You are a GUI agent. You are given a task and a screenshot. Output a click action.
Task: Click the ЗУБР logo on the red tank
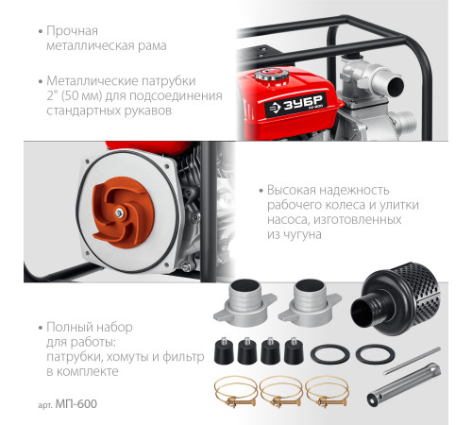(x=295, y=105)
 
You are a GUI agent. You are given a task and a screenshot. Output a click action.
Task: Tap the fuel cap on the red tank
(x=272, y=76)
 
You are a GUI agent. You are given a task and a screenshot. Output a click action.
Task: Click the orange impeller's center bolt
(x=119, y=212)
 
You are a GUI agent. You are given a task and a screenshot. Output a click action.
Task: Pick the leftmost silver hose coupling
(x=244, y=303)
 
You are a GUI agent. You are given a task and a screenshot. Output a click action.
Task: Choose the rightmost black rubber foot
(x=294, y=350)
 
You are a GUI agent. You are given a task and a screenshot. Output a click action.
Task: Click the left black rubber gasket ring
(x=330, y=354)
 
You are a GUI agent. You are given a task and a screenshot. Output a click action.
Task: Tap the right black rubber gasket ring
(x=375, y=354)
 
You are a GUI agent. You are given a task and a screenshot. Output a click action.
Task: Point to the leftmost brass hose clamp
(x=235, y=392)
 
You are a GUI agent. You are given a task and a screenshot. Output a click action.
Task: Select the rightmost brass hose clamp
(x=327, y=392)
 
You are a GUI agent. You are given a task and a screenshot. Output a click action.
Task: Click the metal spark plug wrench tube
(x=404, y=384)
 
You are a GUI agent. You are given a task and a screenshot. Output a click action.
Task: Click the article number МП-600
(x=76, y=404)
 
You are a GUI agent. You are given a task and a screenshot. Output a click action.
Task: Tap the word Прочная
(x=72, y=31)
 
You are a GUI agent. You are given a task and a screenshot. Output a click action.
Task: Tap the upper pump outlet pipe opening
(x=396, y=86)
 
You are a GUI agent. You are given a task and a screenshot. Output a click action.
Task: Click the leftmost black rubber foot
(x=224, y=350)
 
